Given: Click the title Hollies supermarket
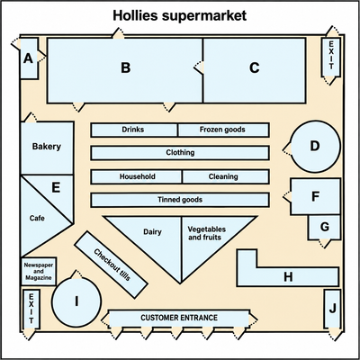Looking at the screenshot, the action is click(x=180, y=15).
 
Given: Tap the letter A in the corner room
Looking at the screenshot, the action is click(x=28, y=58).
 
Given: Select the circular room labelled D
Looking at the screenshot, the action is click(x=316, y=147).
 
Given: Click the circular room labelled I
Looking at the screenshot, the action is click(x=76, y=301).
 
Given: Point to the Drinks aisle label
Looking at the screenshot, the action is click(x=133, y=130).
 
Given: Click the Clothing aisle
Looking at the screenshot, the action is click(x=180, y=153).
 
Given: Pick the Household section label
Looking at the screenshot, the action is click(x=138, y=176).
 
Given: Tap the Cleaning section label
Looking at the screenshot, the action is click(x=223, y=176).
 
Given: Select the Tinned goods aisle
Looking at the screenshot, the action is click(x=180, y=200).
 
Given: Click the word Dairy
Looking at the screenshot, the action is click(x=152, y=232).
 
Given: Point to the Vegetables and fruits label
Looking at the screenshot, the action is click(x=207, y=233).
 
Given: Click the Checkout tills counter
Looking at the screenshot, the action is click(x=112, y=265).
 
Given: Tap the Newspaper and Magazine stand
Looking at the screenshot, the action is click(x=39, y=272).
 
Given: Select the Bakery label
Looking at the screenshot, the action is click(x=47, y=147).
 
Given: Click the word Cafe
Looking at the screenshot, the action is click(x=37, y=218).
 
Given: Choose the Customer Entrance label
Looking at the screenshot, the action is click(x=179, y=318).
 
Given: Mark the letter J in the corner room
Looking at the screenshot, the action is click(x=332, y=308).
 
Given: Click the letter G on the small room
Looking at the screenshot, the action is click(x=325, y=227).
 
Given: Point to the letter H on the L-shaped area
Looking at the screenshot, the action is click(x=288, y=277).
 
